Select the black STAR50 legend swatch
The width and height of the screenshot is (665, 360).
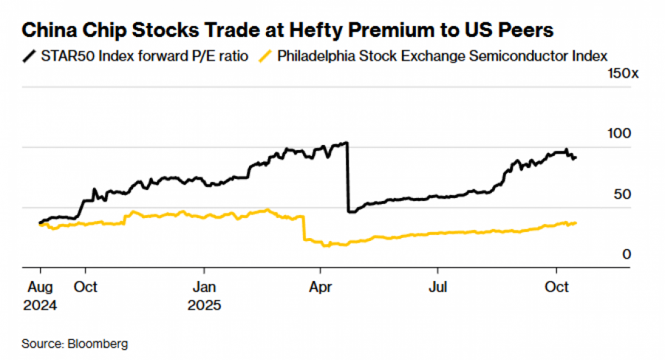point(29,55)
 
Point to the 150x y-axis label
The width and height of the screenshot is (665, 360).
point(621,74)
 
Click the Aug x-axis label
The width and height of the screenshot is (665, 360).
point(38,287)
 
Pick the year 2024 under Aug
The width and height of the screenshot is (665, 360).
point(39,304)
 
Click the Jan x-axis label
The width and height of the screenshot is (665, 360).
point(204,287)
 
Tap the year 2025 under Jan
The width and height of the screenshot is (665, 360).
point(205,304)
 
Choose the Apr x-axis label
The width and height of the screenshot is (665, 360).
point(320,287)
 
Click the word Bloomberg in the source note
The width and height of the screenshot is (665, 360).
point(98,344)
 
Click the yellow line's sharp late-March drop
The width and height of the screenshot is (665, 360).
point(304,228)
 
